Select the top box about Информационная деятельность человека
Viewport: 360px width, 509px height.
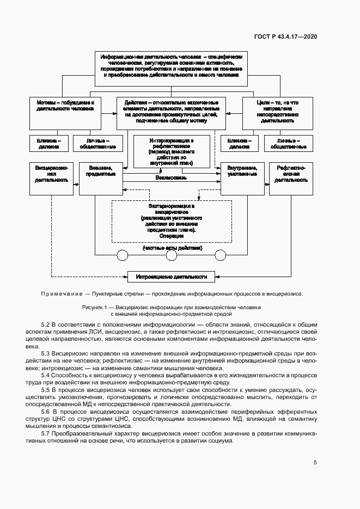pyautogui.click(x=172, y=68)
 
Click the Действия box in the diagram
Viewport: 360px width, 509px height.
pyautogui.click(x=171, y=113)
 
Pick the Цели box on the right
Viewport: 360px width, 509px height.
pyautogui.click(x=277, y=113)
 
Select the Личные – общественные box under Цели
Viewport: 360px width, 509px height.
pyautogui.click(x=289, y=143)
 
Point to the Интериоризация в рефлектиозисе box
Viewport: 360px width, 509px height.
pyautogui.click(x=172, y=152)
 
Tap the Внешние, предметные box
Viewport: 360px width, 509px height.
pyautogui.click(x=100, y=178)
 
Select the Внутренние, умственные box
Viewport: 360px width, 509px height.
pyautogui.click(x=242, y=178)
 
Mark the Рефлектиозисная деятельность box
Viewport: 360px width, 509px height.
pyautogui.click(x=291, y=178)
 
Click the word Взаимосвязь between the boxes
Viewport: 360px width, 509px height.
pyautogui.click(x=172, y=177)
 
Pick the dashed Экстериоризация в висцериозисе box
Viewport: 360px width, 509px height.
pyautogui.click(x=172, y=221)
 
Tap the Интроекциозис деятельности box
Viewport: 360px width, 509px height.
pyautogui.click(x=171, y=277)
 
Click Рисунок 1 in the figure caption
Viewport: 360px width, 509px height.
pyautogui.click(x=96, y=307)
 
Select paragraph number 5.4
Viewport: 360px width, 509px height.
pyautogui.click(x=46, y=376)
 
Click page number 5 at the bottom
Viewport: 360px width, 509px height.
pyautogui.click(x=315, y=463)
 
